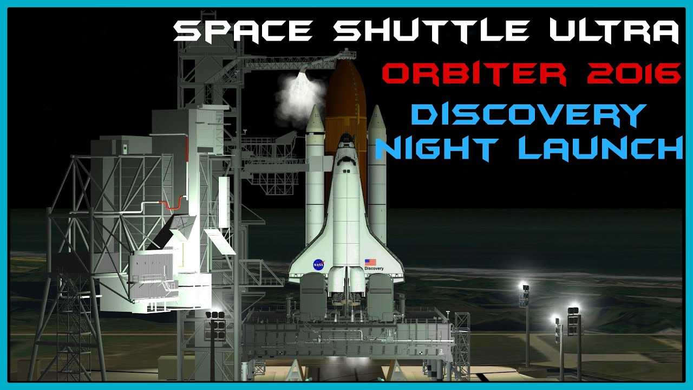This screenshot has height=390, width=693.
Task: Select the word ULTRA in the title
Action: pos(613,32)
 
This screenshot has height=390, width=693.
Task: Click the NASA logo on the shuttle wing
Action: pos(318,264)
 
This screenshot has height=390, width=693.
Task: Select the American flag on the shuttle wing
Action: pos(370,262)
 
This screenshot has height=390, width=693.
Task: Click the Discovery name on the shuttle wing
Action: pos(374,268)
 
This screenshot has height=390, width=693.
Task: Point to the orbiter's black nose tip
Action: pos(344,139)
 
